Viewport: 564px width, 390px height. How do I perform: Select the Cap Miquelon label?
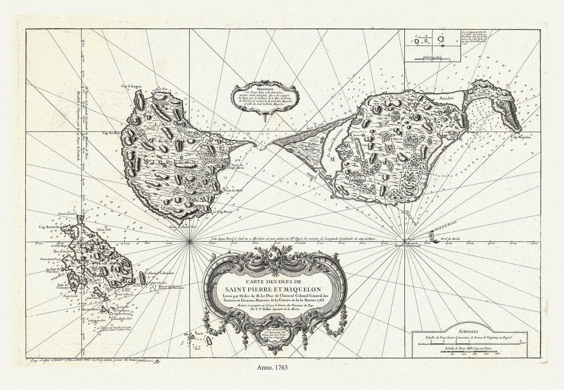pyautogui.click(x=522, y=136)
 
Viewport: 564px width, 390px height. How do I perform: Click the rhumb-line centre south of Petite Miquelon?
pyautogui.click(x=190, y=242)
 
